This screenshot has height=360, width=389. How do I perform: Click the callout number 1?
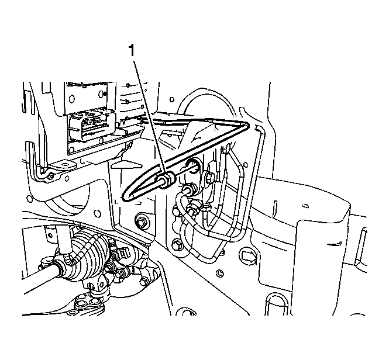coord(131,50)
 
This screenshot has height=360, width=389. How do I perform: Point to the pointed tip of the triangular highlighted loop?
coord(247,124)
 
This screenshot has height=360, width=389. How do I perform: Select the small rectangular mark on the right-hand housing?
coord(307,206)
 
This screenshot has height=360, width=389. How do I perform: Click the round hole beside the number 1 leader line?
coord(171,99)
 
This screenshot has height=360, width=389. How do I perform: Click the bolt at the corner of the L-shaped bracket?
coord(51,176)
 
